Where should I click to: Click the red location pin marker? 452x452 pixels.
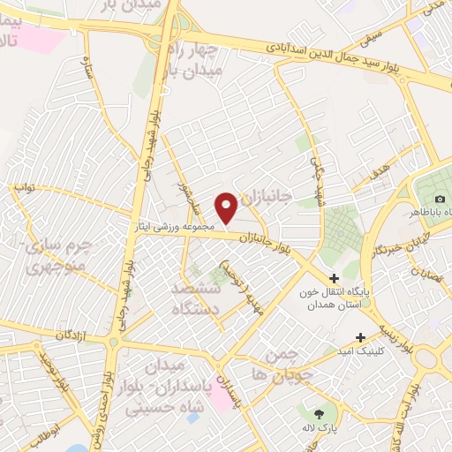(x=226, y=207)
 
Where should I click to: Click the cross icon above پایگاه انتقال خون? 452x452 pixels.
(x=334, y=279)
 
